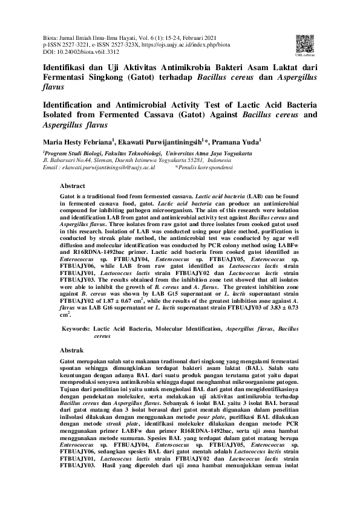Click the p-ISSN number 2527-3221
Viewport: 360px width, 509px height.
click(x=76, y=45)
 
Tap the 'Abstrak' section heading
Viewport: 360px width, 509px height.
click(x=71, y=350)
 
